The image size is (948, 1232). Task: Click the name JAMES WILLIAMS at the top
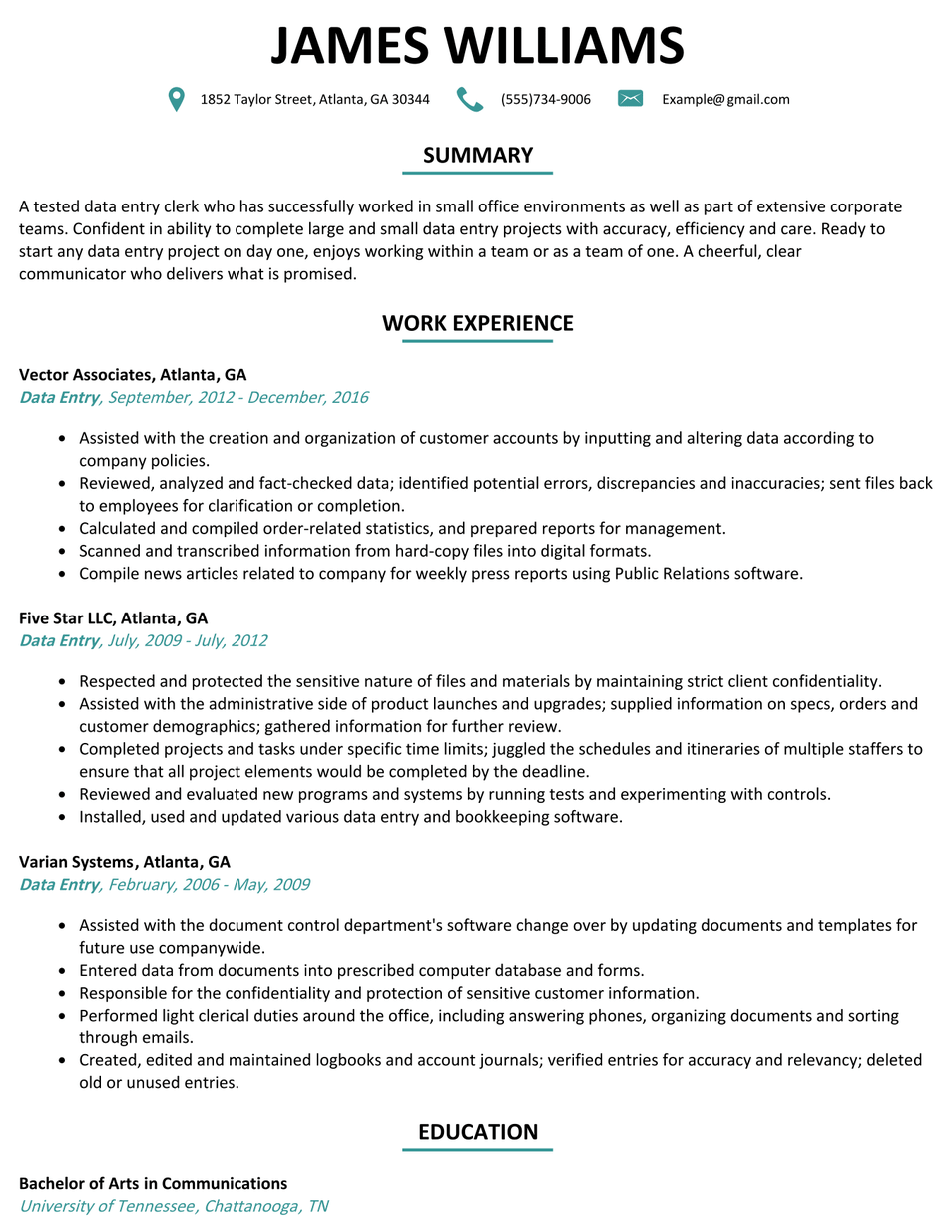[x=477, y=46]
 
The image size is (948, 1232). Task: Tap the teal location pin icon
[x=177, y=99]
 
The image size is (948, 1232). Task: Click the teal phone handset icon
[x=469, y=99]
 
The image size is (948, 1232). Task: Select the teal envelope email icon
[x=630, y=99]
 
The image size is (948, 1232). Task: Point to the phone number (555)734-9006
[x=545, y=99]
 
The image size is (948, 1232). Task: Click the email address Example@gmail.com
[x=725, y=99]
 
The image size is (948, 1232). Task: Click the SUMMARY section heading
[x=477, y=155]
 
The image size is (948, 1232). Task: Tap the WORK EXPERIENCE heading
[x=477, y=323]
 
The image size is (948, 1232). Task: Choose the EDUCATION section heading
[x=477, y=1131]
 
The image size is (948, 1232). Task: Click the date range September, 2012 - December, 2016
[x=237, y=397]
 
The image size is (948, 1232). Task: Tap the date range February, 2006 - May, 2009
[x=209, y=884]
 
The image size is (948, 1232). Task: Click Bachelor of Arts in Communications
[x=153, y=1183]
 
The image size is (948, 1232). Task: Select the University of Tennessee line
[x=174, y=1205]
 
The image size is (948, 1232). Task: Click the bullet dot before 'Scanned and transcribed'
[x=63, y=551]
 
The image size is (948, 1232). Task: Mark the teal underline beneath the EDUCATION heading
[x=477, y=1150]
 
